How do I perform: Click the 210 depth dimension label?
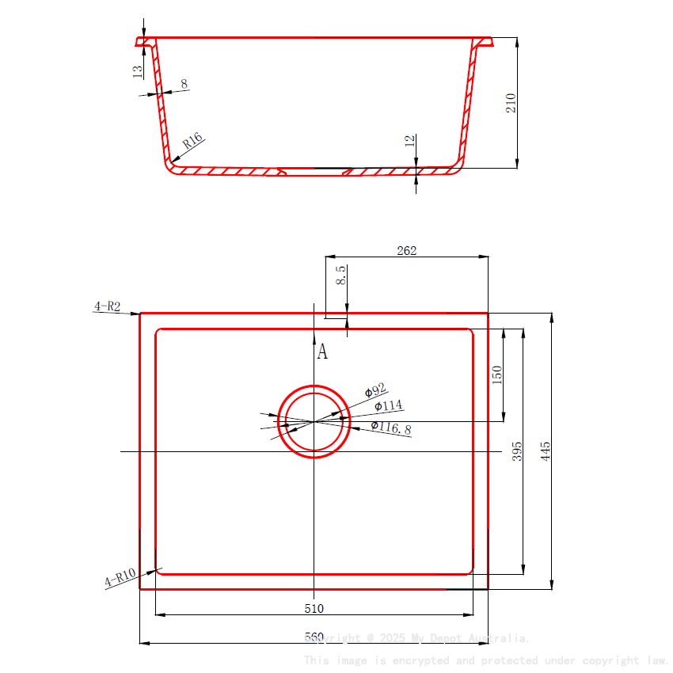coord(511,103)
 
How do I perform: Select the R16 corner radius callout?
coord(193,142)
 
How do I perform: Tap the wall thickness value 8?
coord(184,83)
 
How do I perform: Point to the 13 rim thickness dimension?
coord(138,71)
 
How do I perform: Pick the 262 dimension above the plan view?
coord(406,251)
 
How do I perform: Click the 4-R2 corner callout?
coord(107,306)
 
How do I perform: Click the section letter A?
coord(322,352)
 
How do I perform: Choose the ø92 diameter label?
coord(375,390)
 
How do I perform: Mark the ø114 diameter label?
coord(388,406)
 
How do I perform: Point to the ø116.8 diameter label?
coord(391,428)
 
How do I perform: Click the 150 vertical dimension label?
coord(497,375)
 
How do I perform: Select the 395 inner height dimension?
coord(517,452)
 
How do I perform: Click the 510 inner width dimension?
coord(314,608)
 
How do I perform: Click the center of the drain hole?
coord(315,421)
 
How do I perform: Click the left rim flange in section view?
coord(144,41)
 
